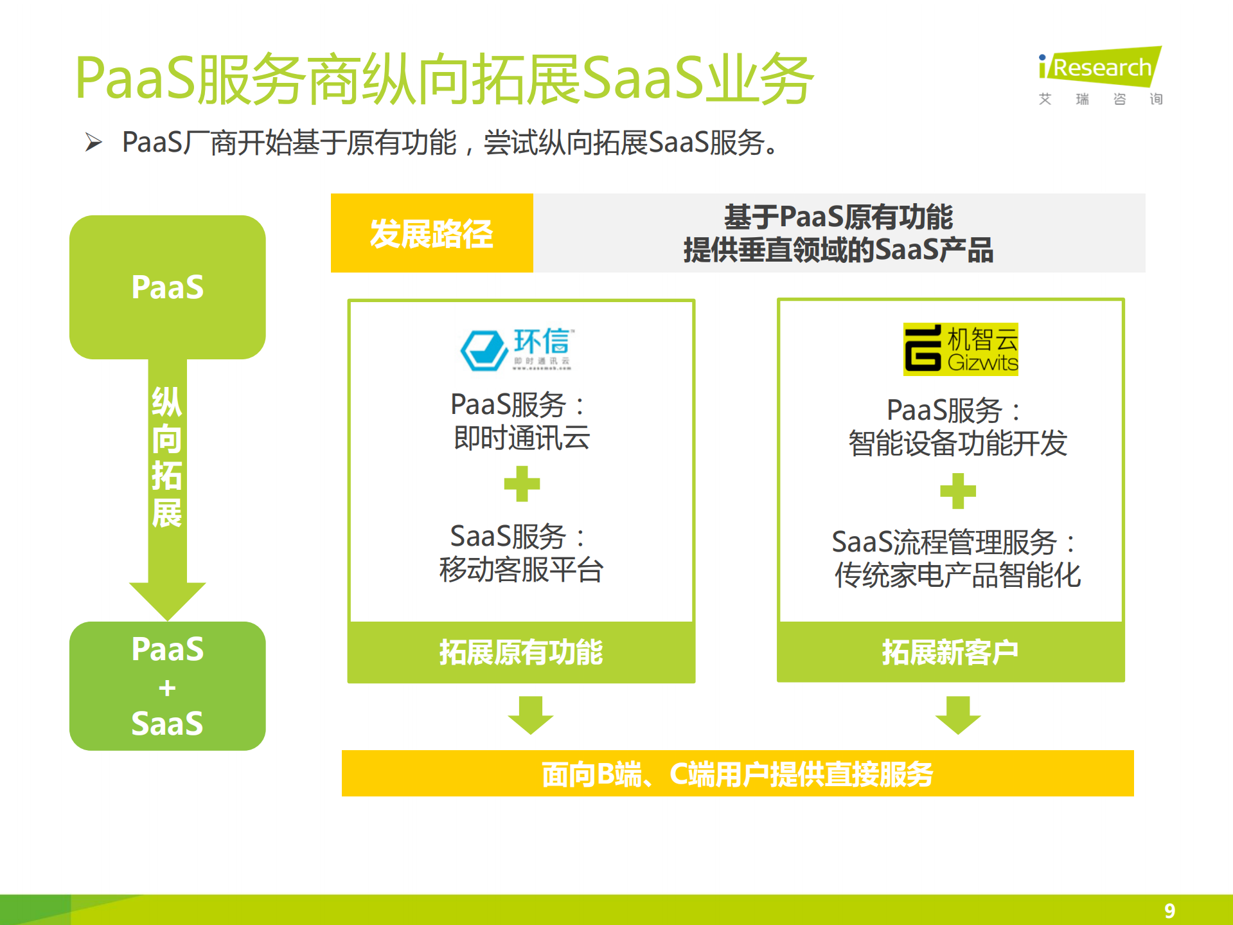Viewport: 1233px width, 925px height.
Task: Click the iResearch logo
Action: pyautogui.click(x=1099, y=75)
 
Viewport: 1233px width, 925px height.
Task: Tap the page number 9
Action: pyautogui.click(x=1169, y=910)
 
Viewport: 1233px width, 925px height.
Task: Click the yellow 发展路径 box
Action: pyautogui.click(x=432, y=233)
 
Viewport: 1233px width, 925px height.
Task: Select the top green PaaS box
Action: pyautogui.click(x=167, y=287)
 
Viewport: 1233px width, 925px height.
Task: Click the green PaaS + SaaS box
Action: pyautogui.click(x=167, y=686)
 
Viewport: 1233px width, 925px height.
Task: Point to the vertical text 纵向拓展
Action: pyautogui.click(x=166, y=457)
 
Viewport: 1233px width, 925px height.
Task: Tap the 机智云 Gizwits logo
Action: pyautogui.click(x=961, y=349)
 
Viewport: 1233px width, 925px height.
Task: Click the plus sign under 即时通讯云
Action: pyautogui.click(x=522, y=484)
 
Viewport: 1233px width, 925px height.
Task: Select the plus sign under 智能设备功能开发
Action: pyautogui.click(x=957, y=491)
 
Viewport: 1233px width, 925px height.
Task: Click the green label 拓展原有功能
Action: pyautogui.click(x=521, y=652)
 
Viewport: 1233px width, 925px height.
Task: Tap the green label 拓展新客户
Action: pyautogui.click(x=950, y=652)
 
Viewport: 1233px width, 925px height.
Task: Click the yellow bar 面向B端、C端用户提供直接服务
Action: pyautogui.click(x=737, y=773)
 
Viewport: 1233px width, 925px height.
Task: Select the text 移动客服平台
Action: pyautogui.click(x=521, y=570)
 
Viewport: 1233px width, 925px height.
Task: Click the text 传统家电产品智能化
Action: pyautogui.click(x=957, y=575)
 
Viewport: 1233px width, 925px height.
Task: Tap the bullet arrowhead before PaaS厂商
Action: pyautogui.click(x=94, y=142)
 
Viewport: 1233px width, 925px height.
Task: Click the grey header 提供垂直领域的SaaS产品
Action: pyautogui.click(x=838, y=250)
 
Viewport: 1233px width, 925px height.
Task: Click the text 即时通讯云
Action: pyautogui.click(x=521, y=438)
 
